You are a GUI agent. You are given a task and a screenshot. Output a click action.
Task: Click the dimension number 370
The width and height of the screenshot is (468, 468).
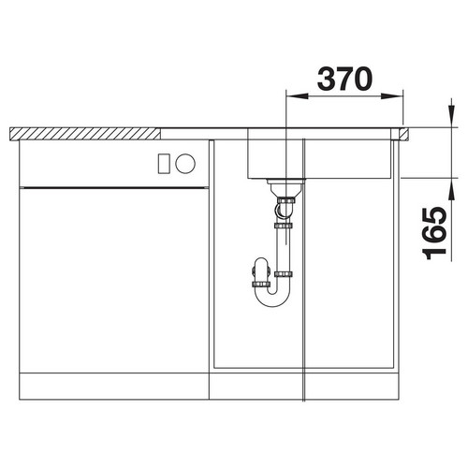(x=344, y=79)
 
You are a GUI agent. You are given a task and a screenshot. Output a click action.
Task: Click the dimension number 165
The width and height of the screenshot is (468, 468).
(x=434, y=233)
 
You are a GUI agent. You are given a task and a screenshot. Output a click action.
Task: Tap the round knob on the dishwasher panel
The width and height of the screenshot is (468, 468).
(x=185, y=164)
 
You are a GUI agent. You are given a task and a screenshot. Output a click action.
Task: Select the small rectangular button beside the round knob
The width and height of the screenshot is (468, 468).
(x=164, y=164)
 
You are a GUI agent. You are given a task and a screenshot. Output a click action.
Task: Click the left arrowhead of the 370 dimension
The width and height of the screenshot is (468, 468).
(x=297, y=96)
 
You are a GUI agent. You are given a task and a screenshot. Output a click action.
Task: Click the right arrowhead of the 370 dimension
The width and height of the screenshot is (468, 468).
(x=392, y=96)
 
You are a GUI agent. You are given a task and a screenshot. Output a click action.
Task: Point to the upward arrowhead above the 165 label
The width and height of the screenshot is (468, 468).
(x=451, y=189)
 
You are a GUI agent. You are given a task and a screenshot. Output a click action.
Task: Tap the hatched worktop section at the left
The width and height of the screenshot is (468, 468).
(x=85, y=134)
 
